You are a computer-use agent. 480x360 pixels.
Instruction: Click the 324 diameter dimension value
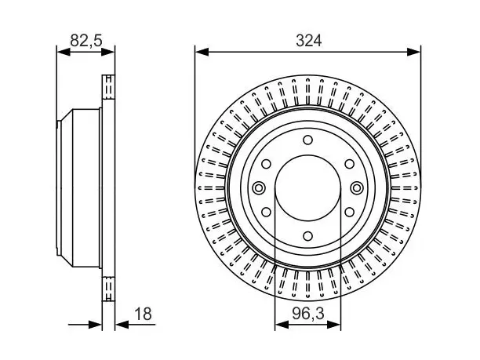[x=308, y=41]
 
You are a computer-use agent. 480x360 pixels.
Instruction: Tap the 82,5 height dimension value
[x=86, y=41]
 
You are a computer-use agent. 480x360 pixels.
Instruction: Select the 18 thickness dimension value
[x=143, y=314]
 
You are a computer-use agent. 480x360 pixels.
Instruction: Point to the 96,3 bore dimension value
[x=308, y=314]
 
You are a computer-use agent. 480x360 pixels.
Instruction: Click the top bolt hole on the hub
[x=307, y=140]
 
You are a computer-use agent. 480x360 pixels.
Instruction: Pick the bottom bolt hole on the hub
[x=307, y=236]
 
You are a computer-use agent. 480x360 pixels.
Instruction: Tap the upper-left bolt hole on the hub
[x=267, y=164]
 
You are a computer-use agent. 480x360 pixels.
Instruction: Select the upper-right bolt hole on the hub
[x=349, y=164]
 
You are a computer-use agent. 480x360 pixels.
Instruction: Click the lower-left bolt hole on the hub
[x=267, y=212]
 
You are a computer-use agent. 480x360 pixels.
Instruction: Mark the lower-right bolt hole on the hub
[x=349, y=212]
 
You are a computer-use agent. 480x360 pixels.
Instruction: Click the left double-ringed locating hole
[x=259, y=187]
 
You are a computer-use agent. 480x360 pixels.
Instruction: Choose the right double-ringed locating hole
[x=357, y=187]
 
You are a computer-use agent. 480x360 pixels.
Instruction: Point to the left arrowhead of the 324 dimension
[x=202, y=52]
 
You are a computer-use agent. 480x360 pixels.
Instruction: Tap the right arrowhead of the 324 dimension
[x=413, y=52]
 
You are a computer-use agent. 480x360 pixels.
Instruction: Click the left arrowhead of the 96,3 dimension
[x=282, y=324]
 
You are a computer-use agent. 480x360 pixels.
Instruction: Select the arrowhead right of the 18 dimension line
[x=122, y=324]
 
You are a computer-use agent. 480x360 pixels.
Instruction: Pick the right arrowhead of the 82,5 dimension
[x=107, y=52]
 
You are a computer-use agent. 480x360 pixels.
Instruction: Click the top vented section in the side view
[x=108, y=86]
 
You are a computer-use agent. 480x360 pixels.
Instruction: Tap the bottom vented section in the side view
[x=108, y=289]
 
